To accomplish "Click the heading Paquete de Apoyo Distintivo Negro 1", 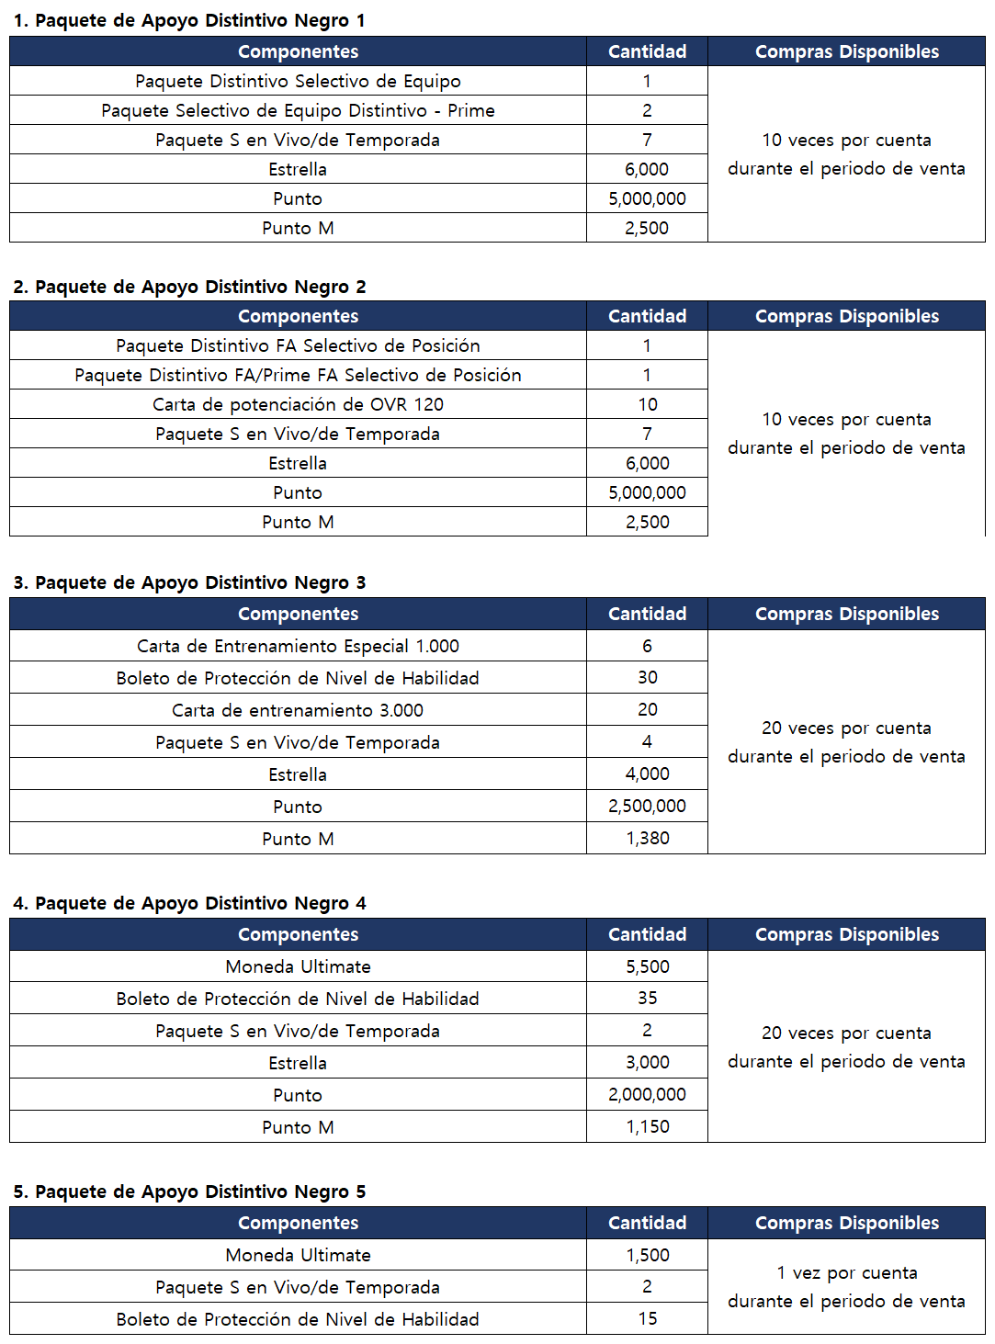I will pyautogui.click(x=189, y=20).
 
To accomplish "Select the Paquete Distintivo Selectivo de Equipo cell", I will pyautogui.click(x=298, y=81).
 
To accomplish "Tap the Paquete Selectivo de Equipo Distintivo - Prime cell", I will pyautogui.click(x=298, y=110).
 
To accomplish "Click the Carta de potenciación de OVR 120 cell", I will pyautogui.click(x=298, y=404).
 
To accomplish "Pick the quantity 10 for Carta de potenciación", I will pyautogui.click(x=647, y=404).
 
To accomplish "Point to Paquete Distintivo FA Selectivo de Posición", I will pyautogui.click(x=298, y=345).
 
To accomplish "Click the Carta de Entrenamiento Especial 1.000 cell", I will pyautogui.click(x=298, y=646).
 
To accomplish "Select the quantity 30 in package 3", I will pyautogui.click(x=647, y=677).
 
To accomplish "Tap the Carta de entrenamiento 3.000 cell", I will pyautogui.click(x=298, y=710).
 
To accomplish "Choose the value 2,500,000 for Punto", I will pyautogui.click(x=647, y=806).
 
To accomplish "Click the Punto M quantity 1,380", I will pyautogui.click(x=647, y=838).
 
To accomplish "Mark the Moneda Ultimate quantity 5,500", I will pyautogui.click(x=647, y=966).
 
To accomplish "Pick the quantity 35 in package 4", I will pyautogui.click(x=647, y=998).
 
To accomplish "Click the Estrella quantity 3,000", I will pyautogui.click(x=647, y=1062).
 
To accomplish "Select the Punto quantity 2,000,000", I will pyautogui.click(x=647, y=1094).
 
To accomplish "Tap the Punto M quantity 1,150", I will pyautogui.click(x=647, y=1126).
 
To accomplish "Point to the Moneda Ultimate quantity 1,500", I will pyautogui.click(x=647, y=1255).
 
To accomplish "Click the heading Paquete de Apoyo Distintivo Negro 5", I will pyautogui.click(x=189, y=1192).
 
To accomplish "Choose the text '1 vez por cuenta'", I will pyautogui.click(x=846, y=1272).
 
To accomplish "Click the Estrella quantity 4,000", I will pyautogui.click(x=647, y=774).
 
